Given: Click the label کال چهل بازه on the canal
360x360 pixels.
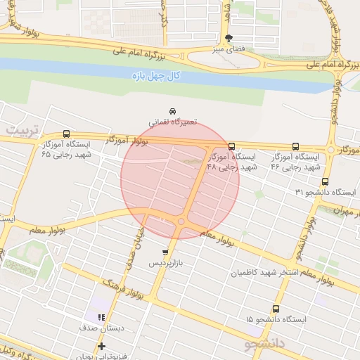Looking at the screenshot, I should pos(156,75).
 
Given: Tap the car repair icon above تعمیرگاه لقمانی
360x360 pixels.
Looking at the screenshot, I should pos(172,111).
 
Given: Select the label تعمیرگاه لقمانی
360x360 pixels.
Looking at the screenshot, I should pos(172,122).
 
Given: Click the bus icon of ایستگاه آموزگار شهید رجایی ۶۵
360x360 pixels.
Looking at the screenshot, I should pos(67,134).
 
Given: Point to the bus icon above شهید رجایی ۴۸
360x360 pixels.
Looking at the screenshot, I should pos(231,146).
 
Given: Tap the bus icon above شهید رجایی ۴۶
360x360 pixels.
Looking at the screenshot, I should pos(295,146).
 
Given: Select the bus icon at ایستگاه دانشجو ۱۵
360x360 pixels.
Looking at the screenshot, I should pos(275,309).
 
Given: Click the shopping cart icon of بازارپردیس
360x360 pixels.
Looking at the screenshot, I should pos(165,252).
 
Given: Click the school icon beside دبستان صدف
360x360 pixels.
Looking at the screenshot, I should pos(102,317).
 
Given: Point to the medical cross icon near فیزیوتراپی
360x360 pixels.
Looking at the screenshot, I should pos(102,346).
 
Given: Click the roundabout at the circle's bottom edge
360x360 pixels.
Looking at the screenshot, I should pos(181,222).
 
